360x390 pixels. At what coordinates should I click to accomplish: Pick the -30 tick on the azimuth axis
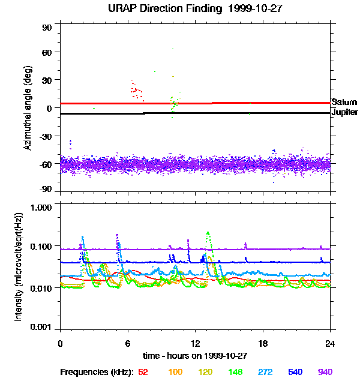click(47, 136)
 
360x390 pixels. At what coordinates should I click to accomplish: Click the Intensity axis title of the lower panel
click(19, 267)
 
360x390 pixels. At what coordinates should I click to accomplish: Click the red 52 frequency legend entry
click(143, 373)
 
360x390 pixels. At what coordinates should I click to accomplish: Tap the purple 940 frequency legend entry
click(325, 373)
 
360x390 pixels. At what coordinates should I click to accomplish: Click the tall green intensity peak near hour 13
click(208, 233)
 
